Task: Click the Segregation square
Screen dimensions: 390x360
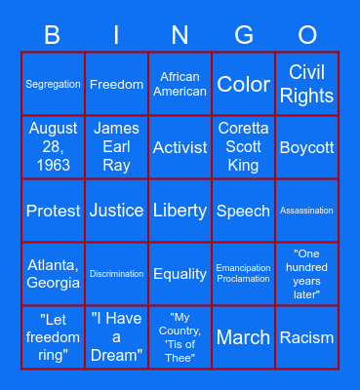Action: [54, 85]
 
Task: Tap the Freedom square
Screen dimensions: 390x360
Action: [117, 85]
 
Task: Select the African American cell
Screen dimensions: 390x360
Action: [180, 85]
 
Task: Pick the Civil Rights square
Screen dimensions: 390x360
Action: [306, 85]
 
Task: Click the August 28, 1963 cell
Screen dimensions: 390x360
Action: [54, 147]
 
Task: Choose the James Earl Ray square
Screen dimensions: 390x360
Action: [117, 147]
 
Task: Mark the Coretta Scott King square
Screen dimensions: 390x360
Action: [243, 147]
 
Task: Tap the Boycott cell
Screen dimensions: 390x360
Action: [306, 147]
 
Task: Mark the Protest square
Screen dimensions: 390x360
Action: [54, 211]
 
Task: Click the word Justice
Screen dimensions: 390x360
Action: [117, 211]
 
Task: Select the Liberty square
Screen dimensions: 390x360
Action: [180, 211]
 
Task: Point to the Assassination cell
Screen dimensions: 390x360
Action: [306, 211]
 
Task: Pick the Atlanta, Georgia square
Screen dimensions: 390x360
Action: [54, 274]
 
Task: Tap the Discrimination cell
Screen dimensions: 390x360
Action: [117, 274]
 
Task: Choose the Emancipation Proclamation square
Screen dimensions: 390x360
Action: [243, 274]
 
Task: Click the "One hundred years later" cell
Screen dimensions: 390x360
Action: [306, 274]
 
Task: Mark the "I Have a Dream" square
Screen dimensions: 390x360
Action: [117, 337]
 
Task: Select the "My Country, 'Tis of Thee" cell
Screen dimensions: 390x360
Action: [180, 337]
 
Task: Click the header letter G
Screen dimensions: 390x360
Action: [244, 36]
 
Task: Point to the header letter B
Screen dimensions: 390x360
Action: [53, 36]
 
